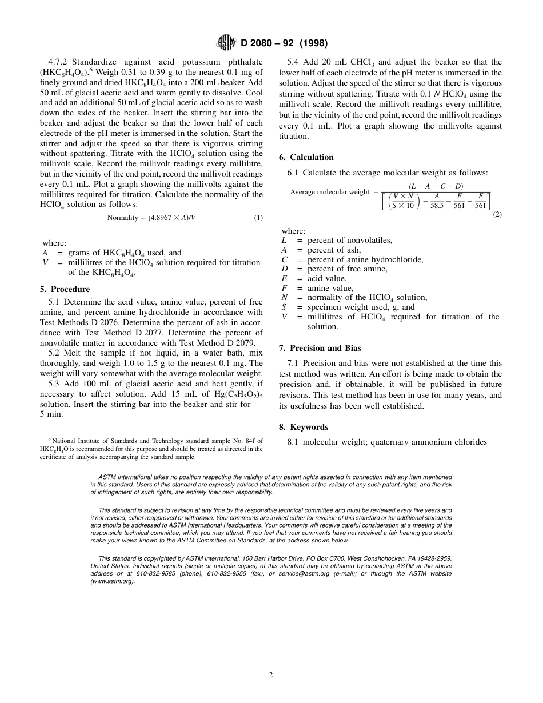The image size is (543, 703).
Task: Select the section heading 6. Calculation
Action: point(306,157)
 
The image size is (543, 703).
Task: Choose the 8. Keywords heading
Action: point(303,427)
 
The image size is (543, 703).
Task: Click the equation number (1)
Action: point(258,218)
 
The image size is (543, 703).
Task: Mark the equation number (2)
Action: point(497,214)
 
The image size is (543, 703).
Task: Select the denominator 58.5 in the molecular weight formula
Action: point(437,206)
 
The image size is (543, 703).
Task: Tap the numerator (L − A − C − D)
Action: point(436,186)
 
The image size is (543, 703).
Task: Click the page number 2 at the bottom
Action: point(271,674)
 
